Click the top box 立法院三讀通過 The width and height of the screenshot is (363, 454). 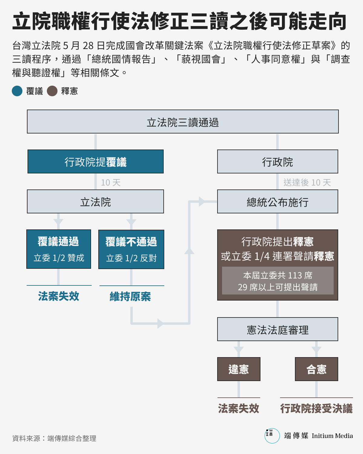pyautogui.click(x=183, y=122)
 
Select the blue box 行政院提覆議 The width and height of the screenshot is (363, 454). pyautogui.click(x=96, y=162)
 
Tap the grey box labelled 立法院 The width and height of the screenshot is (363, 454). pyautogui.click(x=96, y=202)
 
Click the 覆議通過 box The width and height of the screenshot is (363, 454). pyautogui.click(x=59, y=249)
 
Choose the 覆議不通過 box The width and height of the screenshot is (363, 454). pyautogui.click(x=131, y=249)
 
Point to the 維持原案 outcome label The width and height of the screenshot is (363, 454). pyautogui.click(x=130, y=297)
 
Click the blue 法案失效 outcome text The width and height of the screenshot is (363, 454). pyautogui.click(x=59, y=296)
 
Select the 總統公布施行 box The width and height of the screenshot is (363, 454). pyautogui.click(x=278, y=202)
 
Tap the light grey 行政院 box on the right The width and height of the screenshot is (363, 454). pyautogui.click(x=278, y=162)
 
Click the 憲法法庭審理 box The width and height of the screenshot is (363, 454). pyautogui.click(x=278, y=329)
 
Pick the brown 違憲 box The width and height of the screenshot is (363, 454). pyautogui.click(x=239, y=369)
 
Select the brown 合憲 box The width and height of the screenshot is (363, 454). pyautogui.click(x=316, y=369)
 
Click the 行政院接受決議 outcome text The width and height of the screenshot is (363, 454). pyautogui.click(x=316, y=409)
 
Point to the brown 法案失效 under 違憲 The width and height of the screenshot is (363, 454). pyautogui.click(x=239, y=409)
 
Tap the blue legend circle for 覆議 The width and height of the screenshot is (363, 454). pyautogui.click(x=17, y=91)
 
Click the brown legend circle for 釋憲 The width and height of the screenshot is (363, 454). pyautogui.click(x=52, y=91)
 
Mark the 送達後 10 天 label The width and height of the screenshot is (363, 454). pyautogui.click(x=307, y=183)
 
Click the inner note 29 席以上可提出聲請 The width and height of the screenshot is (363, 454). pyautogui.click(x=278, y=287)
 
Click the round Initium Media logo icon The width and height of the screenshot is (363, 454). pyautogui.click(x=272, y=436)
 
